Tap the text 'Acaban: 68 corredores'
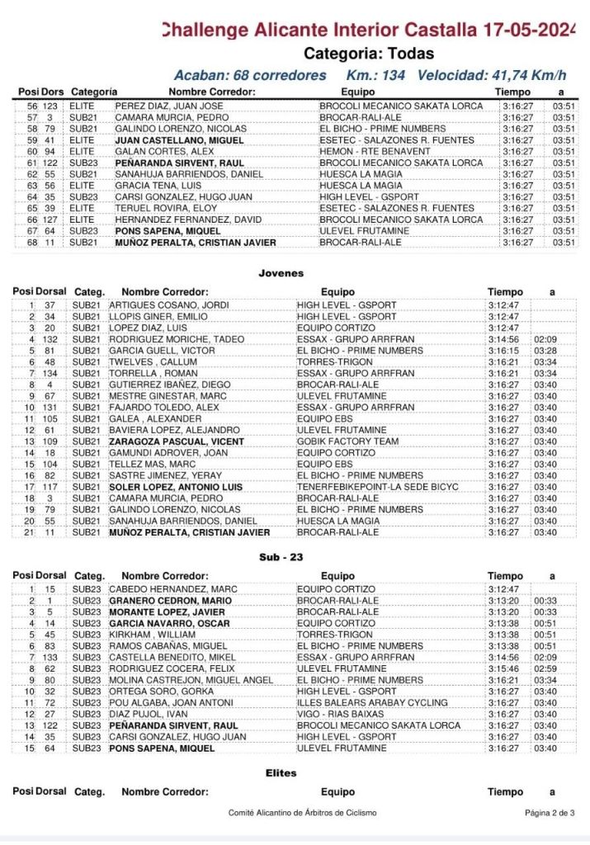point(251,75)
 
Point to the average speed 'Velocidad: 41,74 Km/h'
point(492,75)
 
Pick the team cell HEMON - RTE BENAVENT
point(370,152)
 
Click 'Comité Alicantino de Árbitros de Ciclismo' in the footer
point(302,813)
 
